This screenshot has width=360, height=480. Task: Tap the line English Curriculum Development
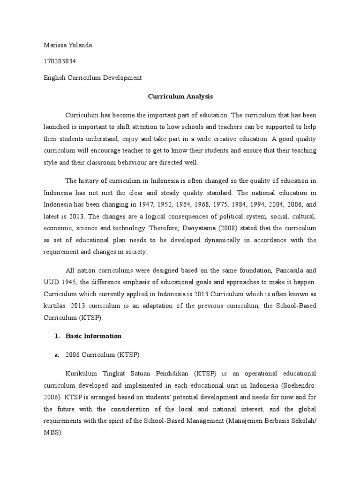pos(92,78)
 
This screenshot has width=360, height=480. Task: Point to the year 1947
pos(148,204)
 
